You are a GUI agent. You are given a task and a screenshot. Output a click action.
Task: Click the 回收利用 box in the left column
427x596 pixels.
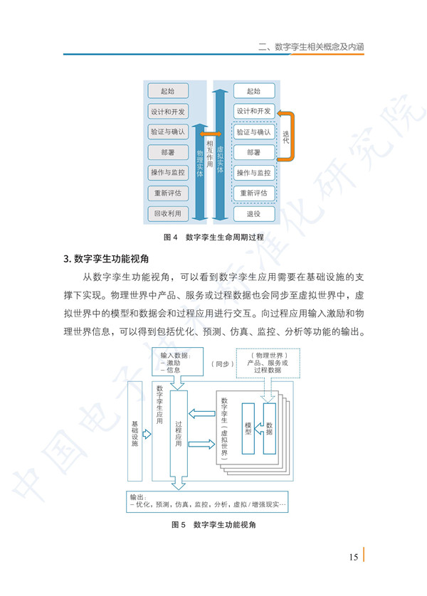pos(168,213)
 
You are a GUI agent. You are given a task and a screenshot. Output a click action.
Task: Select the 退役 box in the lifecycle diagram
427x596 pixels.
pos(253,213)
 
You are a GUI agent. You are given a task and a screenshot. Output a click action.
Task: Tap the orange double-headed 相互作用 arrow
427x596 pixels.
pos(211,134)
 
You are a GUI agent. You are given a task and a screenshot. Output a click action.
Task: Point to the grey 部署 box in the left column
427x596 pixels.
pos(168,152)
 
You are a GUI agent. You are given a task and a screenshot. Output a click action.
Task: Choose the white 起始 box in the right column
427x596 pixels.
pos(253,91)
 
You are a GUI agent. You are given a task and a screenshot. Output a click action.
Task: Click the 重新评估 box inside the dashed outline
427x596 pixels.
pos(253,193)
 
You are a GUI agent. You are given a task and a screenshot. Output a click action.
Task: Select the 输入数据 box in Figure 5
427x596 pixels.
pos(178,362)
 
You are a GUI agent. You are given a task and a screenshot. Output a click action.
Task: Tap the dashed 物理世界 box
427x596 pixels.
pos(268,363)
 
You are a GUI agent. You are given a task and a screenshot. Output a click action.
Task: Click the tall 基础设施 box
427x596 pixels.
pos(135,431)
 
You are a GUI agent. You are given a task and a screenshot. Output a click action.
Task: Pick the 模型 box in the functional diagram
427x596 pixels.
pos(248,428)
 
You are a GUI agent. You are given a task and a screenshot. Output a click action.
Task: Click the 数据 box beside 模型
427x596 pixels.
pos(270,428)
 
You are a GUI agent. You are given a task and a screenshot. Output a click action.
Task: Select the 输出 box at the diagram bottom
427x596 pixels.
pos(207,501)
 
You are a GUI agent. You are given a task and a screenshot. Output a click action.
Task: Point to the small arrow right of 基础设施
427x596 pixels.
pos(147,434)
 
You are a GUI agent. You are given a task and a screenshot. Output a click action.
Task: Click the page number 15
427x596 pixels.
pos(354,557)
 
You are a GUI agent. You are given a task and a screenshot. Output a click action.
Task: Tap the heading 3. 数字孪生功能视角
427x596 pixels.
pos(106,259)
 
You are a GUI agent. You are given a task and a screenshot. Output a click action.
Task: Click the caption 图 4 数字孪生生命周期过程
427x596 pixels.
pos(213,237)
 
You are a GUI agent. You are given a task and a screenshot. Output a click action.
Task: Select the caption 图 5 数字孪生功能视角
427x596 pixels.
pos(213,525)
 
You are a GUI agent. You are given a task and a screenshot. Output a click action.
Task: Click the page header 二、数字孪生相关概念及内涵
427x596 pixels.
pos(311,47)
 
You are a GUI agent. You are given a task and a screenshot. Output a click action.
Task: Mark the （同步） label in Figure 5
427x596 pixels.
pos(223,363)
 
